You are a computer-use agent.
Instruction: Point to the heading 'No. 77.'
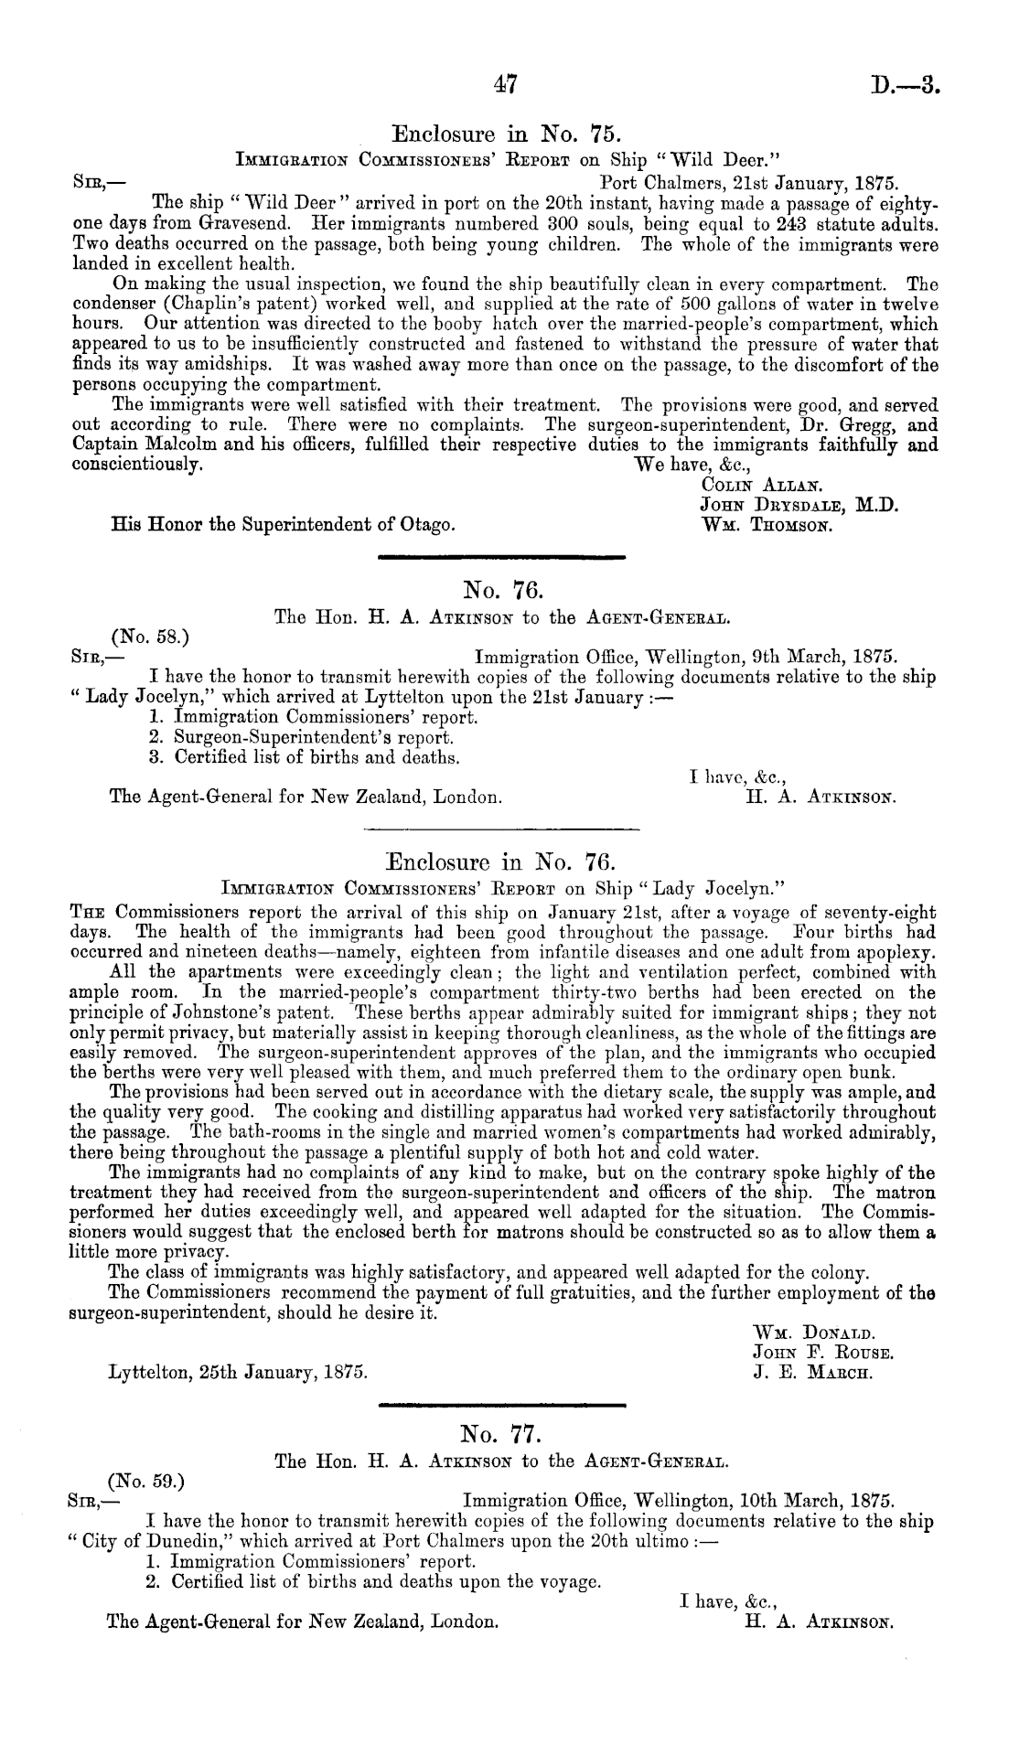pyautogui.click(x=500, y=1430)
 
